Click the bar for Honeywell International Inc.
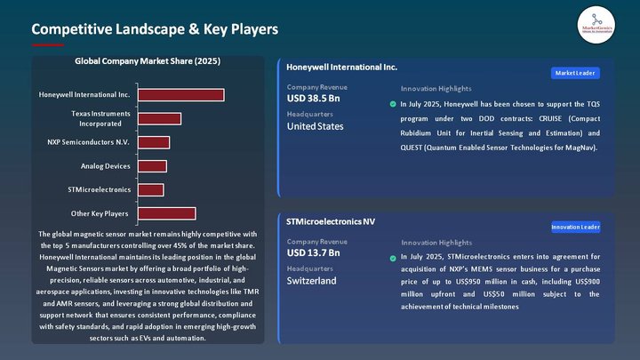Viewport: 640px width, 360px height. pyautogui.click(x=180, y=95)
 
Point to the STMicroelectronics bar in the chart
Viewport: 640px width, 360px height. pyautogui.click(x=150, y=189)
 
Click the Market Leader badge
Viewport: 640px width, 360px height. pyautogui.click(x=575, y=73)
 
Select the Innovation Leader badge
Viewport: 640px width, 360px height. pyautogui.click(x=575, y=227)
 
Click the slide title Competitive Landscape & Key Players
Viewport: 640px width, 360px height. pyautogui.click(x=155, y=29)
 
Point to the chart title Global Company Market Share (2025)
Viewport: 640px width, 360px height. pyautogui.click(x=148, y=61)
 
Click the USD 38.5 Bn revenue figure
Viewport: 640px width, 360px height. pyautogui.click(x=314, y=99)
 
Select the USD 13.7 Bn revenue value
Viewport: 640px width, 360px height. pyautogui.click(x=314, y=253)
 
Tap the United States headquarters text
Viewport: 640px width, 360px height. pyautogui.click(x=315, y=126)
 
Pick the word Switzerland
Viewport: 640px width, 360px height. pyautogui.click(x=311, y=281)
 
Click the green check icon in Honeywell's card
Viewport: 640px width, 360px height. pyautogui.click(x=393, y=104)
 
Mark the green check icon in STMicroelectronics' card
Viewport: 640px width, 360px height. pyautogui.click(x=393, y=258)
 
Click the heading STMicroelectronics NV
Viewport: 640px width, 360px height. pyautogui.click(x=331, y=220)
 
